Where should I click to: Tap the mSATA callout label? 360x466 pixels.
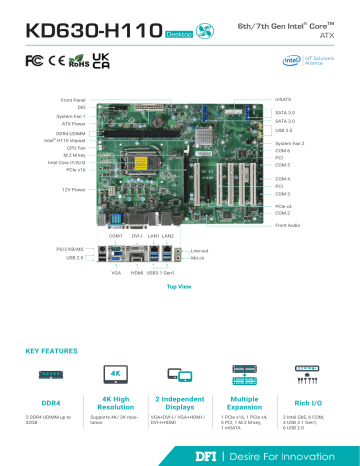[284, 100]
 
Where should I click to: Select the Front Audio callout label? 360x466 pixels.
[287, 226]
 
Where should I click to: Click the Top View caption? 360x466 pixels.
[179, 288]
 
